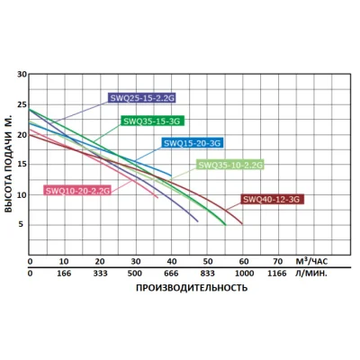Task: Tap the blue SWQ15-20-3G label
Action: [191, 142]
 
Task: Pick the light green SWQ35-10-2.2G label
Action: [230, 165]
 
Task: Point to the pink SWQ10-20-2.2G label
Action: [77, 191]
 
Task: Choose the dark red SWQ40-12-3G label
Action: [271, 199]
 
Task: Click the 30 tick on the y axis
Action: [22, 75]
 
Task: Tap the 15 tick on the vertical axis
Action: [22, 165]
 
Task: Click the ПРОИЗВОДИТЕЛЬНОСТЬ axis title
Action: [191, 288]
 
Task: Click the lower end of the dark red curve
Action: [242, 224]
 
